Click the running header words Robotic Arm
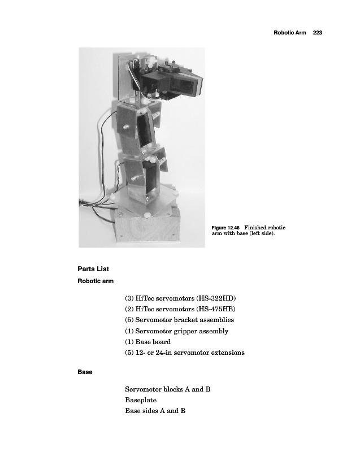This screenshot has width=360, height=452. point(289,33)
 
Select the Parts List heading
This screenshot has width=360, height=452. point(93,268)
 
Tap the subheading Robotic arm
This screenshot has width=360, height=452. point(96,281)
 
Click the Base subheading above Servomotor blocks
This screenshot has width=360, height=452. point(85,373)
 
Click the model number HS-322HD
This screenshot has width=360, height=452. point(215,298)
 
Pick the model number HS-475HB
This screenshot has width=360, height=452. point(215,309)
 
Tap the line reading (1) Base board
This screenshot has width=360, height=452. point(148,342)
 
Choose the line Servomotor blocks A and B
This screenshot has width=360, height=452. point(168,389)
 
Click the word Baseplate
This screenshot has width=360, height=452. point(141,400)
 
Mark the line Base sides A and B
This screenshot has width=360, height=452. point(155,411)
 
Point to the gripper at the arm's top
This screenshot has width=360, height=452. point(181,82)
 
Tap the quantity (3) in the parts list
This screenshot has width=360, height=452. point(129,298)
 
